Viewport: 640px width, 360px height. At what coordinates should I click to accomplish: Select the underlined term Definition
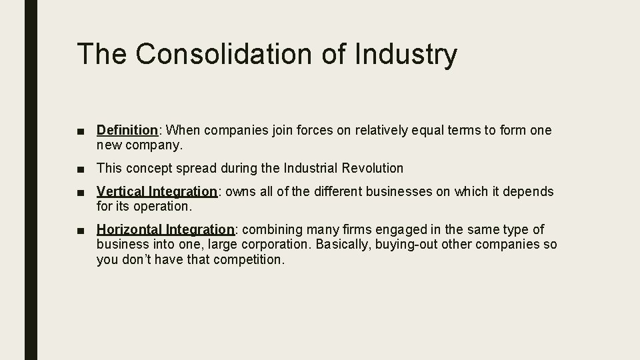[127, 131]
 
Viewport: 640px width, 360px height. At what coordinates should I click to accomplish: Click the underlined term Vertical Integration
[157, 192]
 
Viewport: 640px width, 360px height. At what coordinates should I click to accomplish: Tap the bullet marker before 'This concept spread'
[81, 169]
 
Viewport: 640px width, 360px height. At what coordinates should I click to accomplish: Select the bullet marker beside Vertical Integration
[81, 193]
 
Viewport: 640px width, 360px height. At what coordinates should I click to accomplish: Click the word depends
[529, 192]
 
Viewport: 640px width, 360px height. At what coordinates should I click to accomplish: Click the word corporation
[275, 245]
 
